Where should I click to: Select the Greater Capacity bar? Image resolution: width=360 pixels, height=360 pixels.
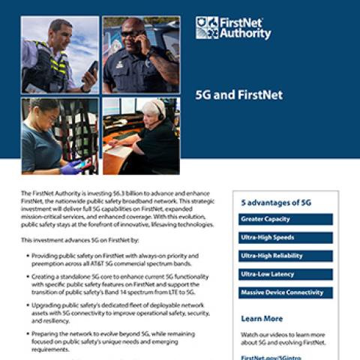(285, 219)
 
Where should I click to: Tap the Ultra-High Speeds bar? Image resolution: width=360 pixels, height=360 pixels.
(285, 237)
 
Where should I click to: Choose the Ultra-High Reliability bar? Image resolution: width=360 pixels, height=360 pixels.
(285, 256)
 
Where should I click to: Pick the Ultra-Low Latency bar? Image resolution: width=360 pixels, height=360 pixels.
(285, 274)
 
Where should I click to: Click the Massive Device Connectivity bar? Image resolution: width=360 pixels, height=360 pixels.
(285, 292)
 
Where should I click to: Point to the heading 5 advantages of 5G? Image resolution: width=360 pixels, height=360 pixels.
(276, 202)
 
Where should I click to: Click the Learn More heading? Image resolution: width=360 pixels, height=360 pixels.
(262, 319)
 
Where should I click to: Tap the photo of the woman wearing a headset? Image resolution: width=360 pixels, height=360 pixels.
(141, 136)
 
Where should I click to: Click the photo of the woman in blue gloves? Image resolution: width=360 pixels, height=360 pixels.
(59, 136)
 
